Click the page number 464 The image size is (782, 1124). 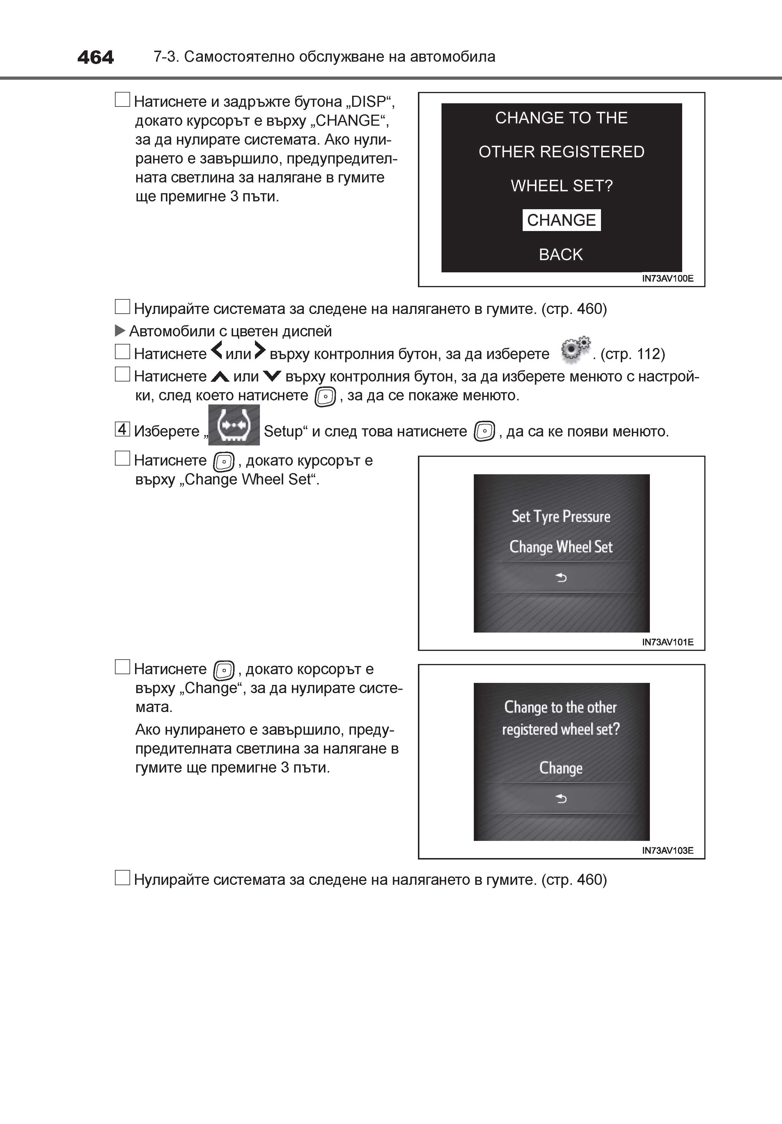[x=95, y=57]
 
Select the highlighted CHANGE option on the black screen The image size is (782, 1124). [x=561, y=220]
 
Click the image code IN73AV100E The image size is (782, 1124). [x=667, y=278]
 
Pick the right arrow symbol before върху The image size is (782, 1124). [x=260, y=351]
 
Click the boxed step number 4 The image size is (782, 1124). [x=122, y=429]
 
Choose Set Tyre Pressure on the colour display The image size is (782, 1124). [x=561, y=516]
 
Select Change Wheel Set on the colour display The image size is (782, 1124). [x=561, y=547]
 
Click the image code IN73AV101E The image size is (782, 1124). [x=667, y=642]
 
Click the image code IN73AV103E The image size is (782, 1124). [x=667, y=850]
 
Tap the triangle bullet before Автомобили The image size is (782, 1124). [x=120, y=331]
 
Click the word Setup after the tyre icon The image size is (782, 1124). [x=283, y=431]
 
